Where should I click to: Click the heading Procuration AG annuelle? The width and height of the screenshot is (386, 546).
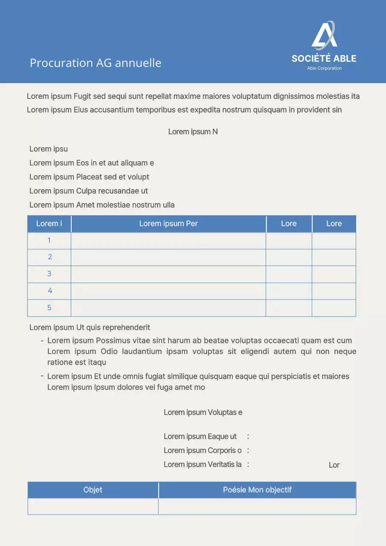point(96,63)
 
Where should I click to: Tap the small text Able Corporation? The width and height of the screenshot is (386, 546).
point(324,68)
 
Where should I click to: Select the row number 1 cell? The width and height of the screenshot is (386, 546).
point(49,241)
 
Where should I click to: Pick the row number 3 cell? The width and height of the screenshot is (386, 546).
point(49,274)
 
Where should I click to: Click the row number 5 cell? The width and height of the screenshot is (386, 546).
point(49,308)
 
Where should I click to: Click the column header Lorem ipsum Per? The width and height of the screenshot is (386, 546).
point(168,224)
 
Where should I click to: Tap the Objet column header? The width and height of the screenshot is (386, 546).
point(93,490)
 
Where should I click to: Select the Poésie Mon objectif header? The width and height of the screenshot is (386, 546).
point(257,490)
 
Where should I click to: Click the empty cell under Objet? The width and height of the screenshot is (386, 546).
point(93,506)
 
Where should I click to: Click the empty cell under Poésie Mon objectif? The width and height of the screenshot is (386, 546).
point(257,506)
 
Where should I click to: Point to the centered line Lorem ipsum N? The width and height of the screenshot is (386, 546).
point(193,132)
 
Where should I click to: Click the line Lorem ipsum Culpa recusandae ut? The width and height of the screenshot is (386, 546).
point(89,191)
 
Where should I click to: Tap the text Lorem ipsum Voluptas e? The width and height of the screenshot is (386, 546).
point(203,412)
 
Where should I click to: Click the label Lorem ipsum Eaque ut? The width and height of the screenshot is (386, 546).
point(200,437)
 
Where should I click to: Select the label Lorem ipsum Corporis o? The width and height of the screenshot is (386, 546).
point(203,450)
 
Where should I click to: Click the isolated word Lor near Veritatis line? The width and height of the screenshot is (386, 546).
point(334,465)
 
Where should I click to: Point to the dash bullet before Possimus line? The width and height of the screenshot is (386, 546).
point(42,341)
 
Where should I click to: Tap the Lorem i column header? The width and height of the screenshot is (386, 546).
point(49,224)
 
